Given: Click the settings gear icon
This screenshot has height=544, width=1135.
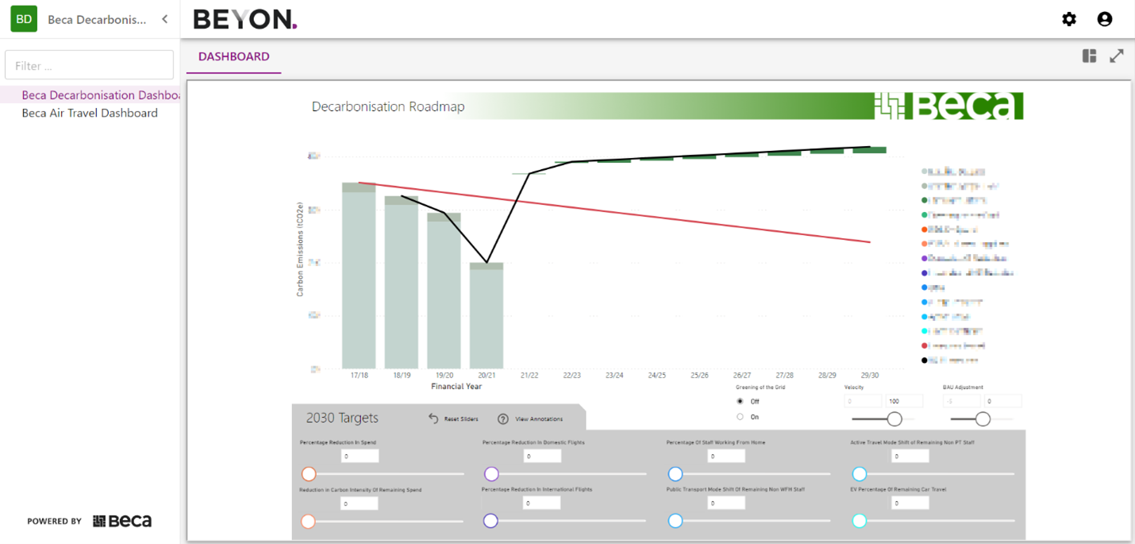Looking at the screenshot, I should click(x=1069, y=19).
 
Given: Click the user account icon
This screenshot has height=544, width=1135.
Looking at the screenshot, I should click(x=1104, y=19).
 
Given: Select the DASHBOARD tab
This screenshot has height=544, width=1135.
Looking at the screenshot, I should click(x=233, y=56).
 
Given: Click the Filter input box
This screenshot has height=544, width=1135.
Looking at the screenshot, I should click(x=89, y=65).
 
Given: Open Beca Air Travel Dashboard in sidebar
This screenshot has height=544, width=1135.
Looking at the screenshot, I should click(x=90, y=113).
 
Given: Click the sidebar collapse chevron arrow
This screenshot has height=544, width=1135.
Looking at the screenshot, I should click(x=164, y=19).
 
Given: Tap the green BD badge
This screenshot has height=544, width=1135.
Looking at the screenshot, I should click(x=24, y=19).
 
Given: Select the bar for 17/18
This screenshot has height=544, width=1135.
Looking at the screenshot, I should click(x=359, y=278).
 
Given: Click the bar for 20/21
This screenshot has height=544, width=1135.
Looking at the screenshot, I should click(x=486, y=318).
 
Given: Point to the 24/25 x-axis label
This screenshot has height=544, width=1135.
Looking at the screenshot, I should click(x=656, y=375).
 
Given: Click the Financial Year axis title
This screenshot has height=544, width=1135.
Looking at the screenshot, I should click(x=456, y=387).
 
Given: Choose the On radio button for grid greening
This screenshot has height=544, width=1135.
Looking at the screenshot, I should click(x=741, y=416).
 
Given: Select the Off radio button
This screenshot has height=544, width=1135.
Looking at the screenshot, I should click(x=741, y=401).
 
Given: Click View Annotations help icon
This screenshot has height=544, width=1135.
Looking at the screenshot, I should click(x=503, y=419).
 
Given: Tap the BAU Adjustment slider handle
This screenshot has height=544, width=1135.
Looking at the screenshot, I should click(x=983, y=419).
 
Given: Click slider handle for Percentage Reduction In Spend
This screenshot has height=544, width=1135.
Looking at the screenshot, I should click(x=309, y=474).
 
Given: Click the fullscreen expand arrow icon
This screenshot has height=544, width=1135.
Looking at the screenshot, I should click(x=1117, y=56).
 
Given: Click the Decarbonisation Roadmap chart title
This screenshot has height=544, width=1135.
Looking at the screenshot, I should click(x=388, y=106).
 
